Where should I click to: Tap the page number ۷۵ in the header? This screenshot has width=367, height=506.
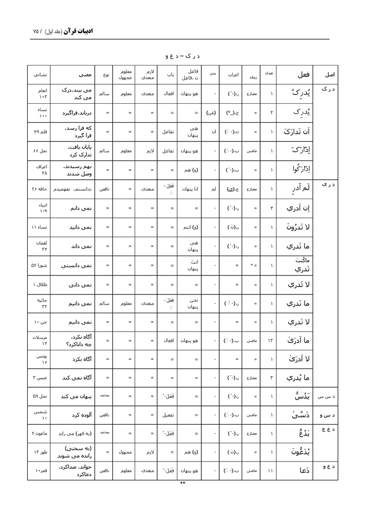[36, 31]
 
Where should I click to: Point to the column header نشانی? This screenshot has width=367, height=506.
[40, 74]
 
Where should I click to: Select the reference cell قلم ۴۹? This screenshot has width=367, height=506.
[40, 131]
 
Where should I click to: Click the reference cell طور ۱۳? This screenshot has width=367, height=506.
[40, 452]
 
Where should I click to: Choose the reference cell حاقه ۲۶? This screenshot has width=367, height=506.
[40, 189]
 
